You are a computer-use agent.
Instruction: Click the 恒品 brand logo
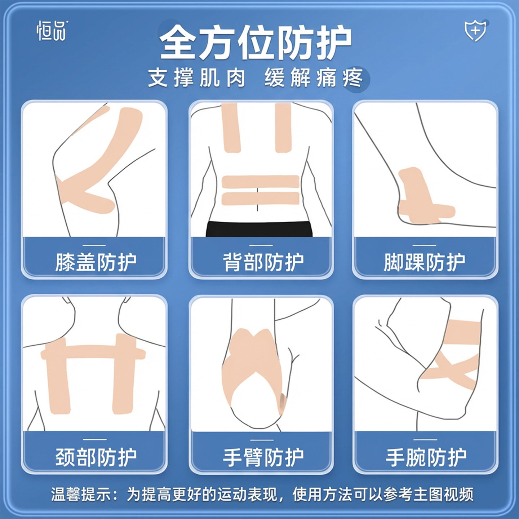click(52, 31)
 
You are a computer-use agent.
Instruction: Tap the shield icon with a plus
click(475, 31)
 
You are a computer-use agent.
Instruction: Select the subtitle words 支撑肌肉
click(197, 77)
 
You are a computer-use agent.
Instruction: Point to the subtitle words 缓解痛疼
click(313, 77)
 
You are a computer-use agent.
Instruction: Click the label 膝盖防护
click(96, 262)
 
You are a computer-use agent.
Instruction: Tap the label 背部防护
click(263, 262)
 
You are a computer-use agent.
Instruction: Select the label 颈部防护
click(96, 457)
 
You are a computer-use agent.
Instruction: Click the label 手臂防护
click(263, 457)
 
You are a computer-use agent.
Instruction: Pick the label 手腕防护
click(426, 457)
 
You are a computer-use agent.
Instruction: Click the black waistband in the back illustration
click(259, 229)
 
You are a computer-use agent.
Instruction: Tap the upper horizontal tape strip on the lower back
click(260, 182)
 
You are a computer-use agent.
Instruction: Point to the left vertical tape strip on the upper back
click(231, 128)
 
